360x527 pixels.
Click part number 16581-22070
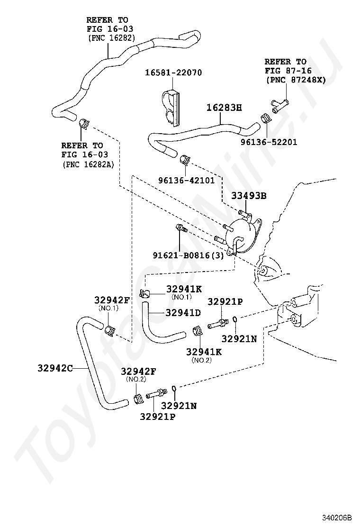[173, 73]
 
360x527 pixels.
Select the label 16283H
[224, 108]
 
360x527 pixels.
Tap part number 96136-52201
[269, 142]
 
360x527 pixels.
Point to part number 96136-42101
[186, 181]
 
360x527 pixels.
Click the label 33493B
[249, 196]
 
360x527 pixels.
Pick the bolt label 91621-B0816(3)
[189, 255]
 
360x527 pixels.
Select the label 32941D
[183, 313]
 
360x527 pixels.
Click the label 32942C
[55, 368]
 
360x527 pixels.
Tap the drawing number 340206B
[337, 517]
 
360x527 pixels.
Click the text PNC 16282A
[88, 164]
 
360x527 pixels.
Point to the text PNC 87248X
[296, 80]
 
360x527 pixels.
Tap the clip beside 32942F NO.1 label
[109, 330]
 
